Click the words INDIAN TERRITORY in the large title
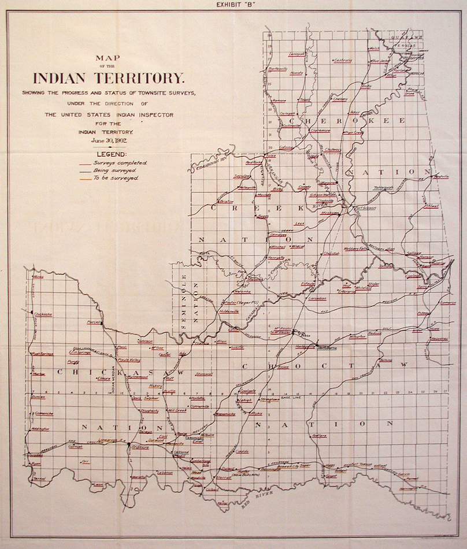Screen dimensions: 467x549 pyautogui.click(x=109, y=78)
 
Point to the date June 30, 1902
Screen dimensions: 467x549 pyautogui.click(x=109, y=139)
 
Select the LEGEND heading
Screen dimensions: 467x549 pyautogui.click(x=109, y=155)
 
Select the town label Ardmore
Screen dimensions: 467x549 pyautogui.click(x=139, y=447)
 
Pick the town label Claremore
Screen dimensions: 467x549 pyautogui.click(x=320, y=131)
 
